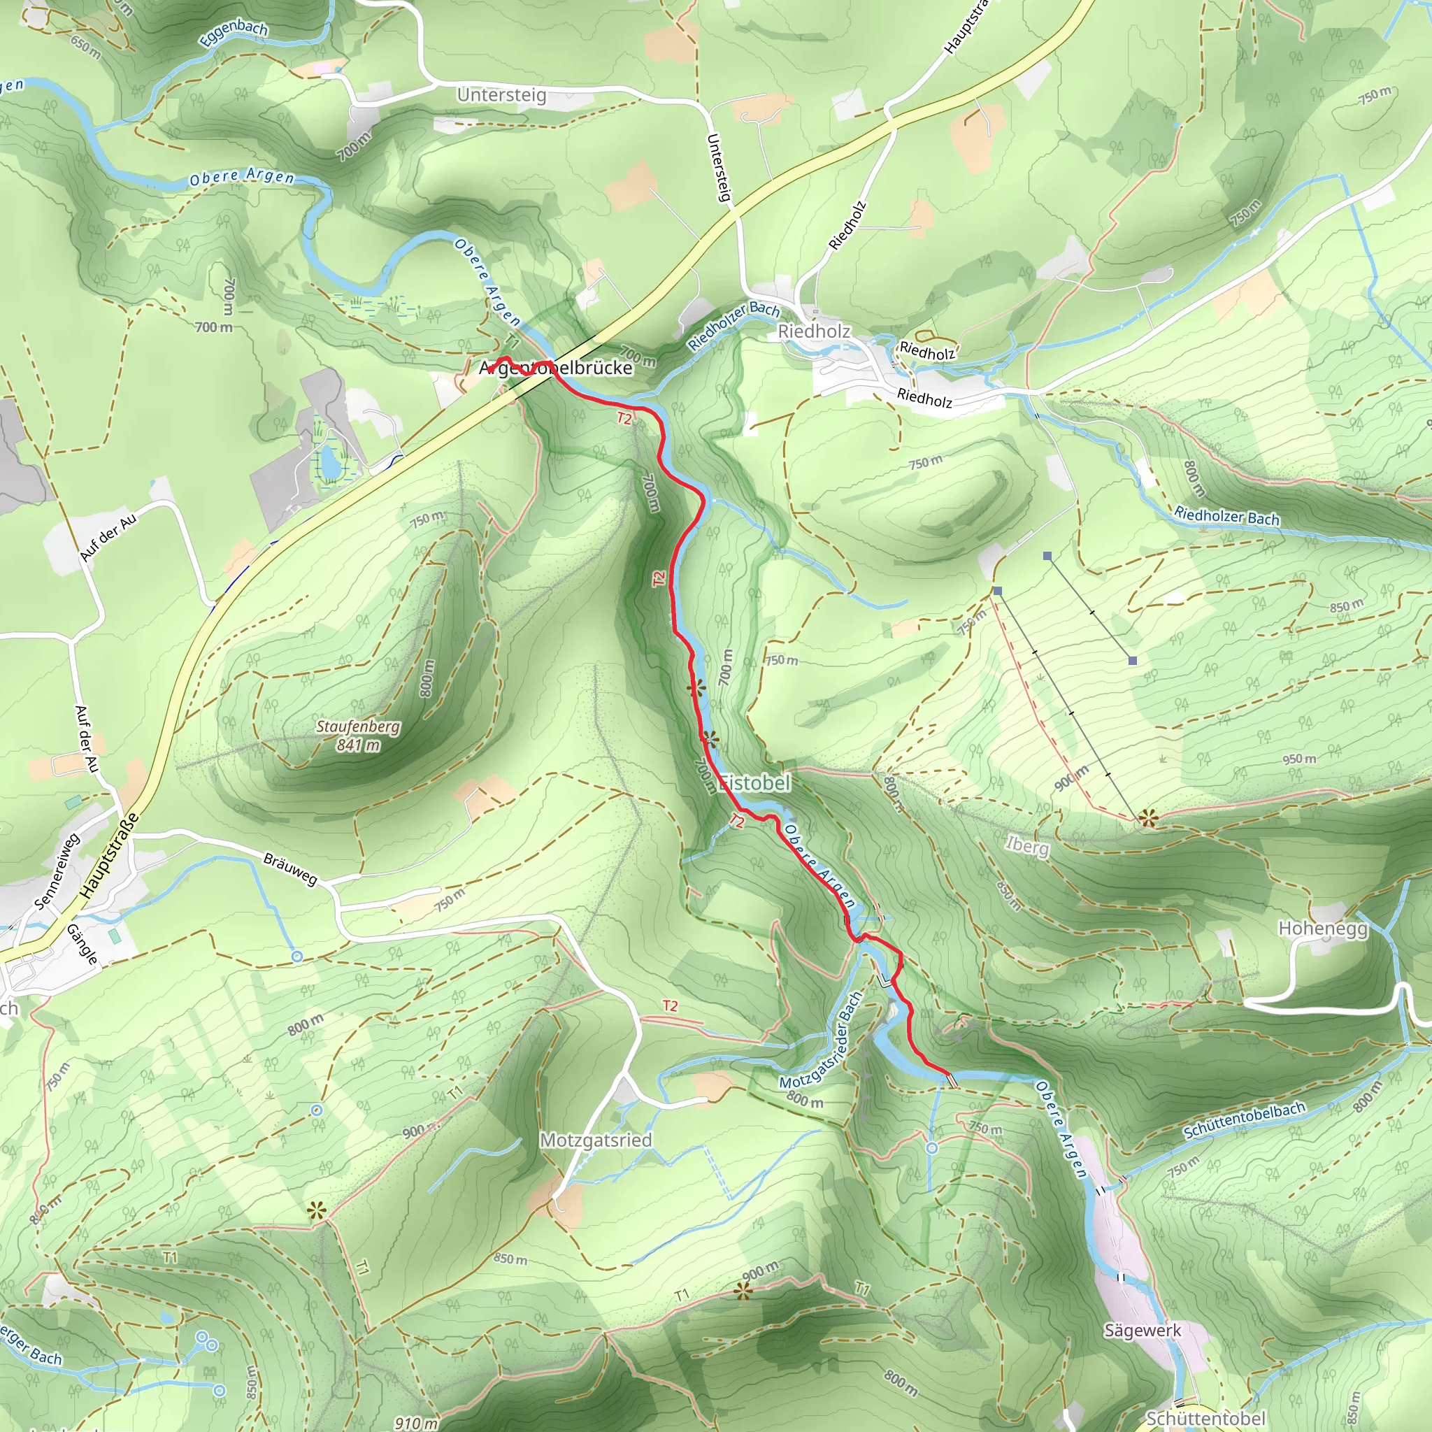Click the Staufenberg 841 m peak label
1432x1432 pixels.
(358, 736)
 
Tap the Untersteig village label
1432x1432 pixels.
(502, 95)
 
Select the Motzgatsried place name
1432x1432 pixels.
(595, 1140)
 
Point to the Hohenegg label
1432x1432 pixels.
(1323, 929)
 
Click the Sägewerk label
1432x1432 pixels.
(1143, 1330)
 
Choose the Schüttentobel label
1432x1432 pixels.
(1205, 1417)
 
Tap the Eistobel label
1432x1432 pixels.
(755, 782)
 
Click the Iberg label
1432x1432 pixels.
(1027, 846)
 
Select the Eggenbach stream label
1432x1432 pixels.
(233, 34)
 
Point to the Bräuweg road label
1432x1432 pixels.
(291, 868)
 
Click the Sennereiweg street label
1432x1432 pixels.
(57, 872)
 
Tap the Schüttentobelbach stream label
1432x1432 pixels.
(1244, 1121)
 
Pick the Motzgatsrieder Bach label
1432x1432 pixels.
(822, 1040)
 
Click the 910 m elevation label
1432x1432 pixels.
(416, 1422)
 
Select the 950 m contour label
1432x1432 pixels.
(1299, 759)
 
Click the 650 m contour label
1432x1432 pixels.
(85, 47)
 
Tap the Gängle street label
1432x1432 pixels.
(83, 943)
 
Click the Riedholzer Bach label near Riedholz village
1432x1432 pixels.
(733, 325)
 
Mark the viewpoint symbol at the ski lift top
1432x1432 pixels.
(1147, 819)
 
